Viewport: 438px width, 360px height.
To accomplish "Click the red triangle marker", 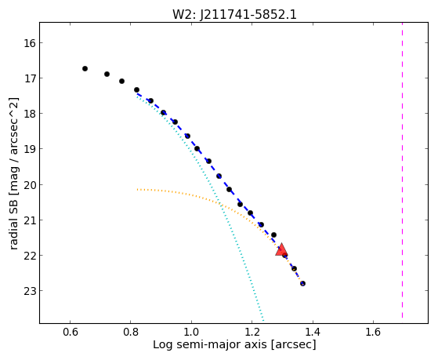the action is point(281,249).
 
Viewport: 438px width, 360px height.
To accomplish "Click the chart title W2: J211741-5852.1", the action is point(234,15).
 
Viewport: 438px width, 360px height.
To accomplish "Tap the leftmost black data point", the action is point(85,68).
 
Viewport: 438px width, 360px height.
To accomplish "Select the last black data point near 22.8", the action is point(302,283).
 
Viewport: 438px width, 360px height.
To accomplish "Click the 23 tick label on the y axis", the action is point(30,291).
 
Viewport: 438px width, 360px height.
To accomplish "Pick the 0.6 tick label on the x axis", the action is point(70,332).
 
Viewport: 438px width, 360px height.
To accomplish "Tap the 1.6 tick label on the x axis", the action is point(373,332).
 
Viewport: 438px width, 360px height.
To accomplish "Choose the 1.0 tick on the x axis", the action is point(191,322).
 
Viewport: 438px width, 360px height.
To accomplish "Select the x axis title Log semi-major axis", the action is point(209,344).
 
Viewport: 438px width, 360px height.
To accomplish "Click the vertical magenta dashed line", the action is point(402,170).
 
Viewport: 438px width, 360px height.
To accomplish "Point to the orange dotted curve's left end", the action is point(137,190).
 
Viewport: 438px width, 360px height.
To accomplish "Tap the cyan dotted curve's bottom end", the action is point(263,320).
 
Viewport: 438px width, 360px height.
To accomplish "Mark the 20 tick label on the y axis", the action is point(30,185).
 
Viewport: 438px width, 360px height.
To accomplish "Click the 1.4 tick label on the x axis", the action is point(313,332).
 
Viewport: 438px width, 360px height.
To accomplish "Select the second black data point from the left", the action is point(107,75).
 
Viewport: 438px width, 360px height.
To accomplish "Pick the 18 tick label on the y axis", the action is point(30,114).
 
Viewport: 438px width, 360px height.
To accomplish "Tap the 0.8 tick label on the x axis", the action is point(130,332).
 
